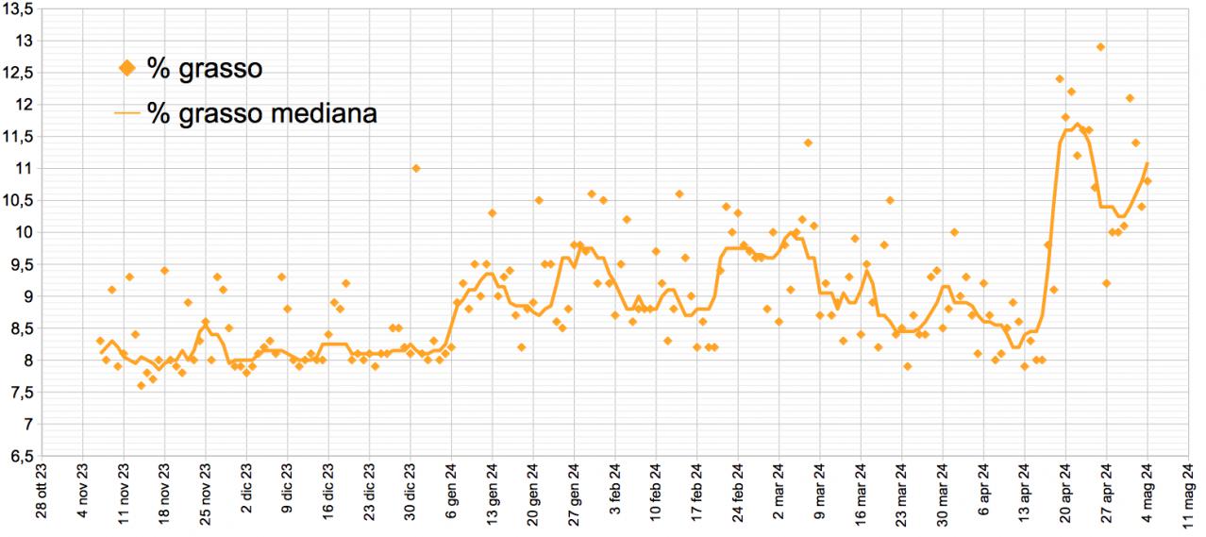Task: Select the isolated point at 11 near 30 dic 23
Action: click(x=415, y=168)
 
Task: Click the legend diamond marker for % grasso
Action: click(x=129, y=67)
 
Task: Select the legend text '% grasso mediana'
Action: click(x=262, y=113)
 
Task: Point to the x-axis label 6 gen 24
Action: click(x=451, y=494)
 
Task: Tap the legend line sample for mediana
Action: click(x=128, y=113)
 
